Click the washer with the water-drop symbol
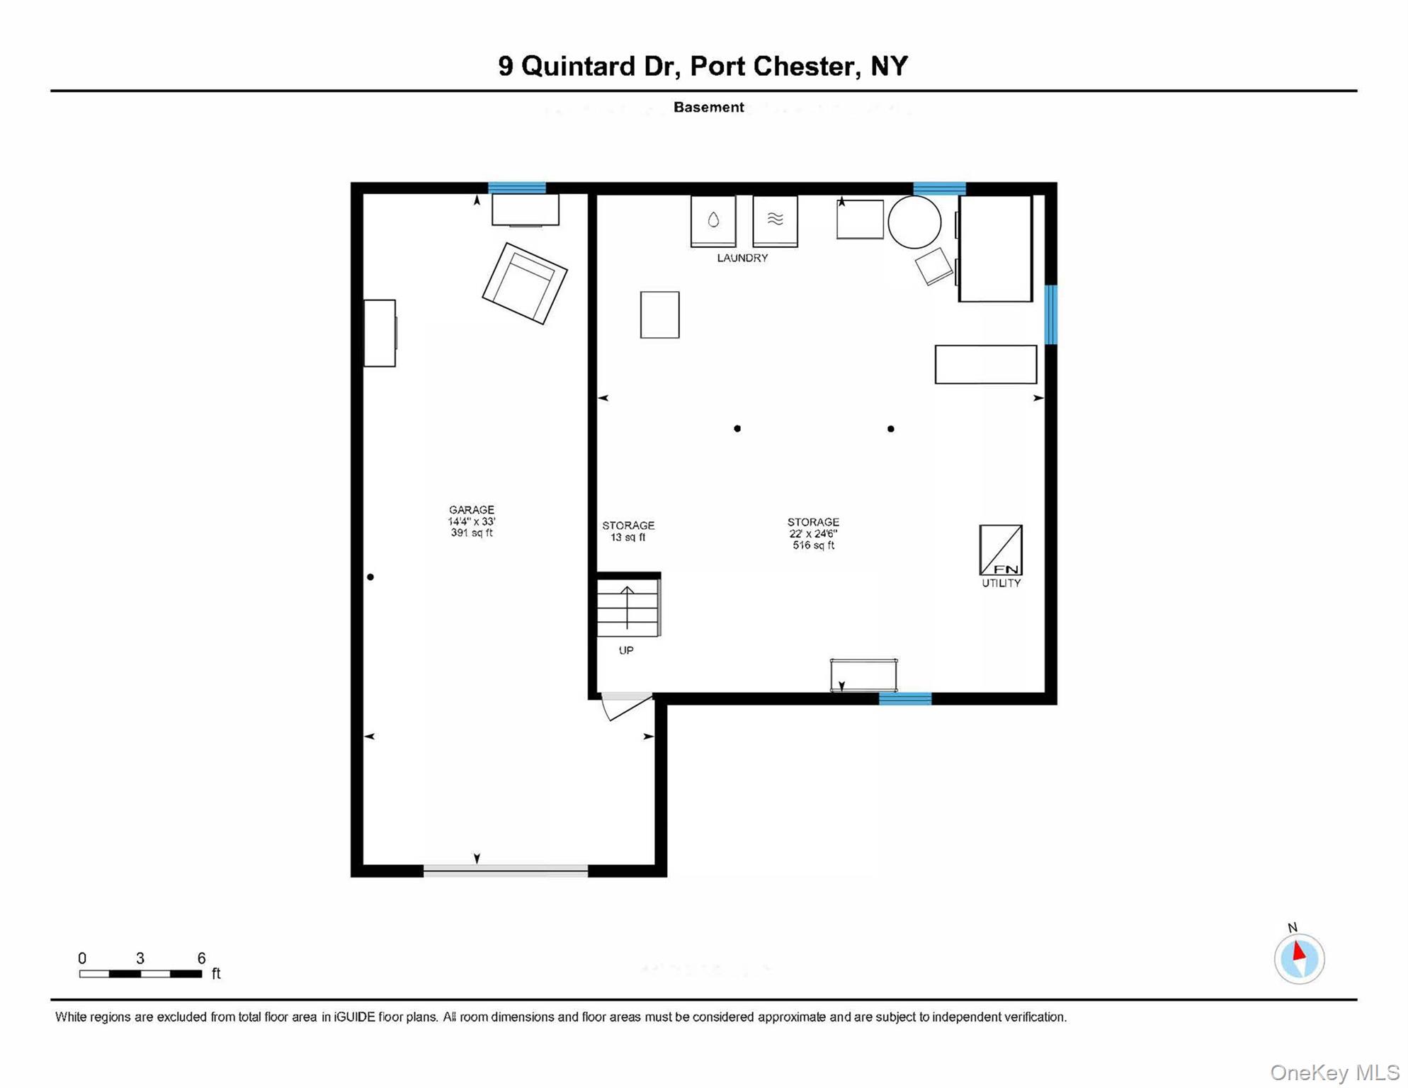(x=713, y=221)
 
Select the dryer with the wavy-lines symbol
(x=775, y=221)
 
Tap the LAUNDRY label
(x=742, y=258)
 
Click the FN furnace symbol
(x=1000, y=550)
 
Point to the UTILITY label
(x=1001, y=583)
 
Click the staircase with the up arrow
(x=628, y=608)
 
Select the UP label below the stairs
(x=626, y=650)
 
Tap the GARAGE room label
(x=471, y=510)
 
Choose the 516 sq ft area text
(x=813, y=545)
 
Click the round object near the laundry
(x=914, y=222)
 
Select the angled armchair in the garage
(x=525, y=283)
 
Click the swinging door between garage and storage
(x=625, y=705)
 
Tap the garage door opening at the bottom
(x=505, y=871)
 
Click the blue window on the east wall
(x=1051, y=314)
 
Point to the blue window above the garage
(x=517, y=188)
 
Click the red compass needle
(x=1299, y=951)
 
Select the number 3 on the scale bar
(x=140, y=958)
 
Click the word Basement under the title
(x=708, y=107)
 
